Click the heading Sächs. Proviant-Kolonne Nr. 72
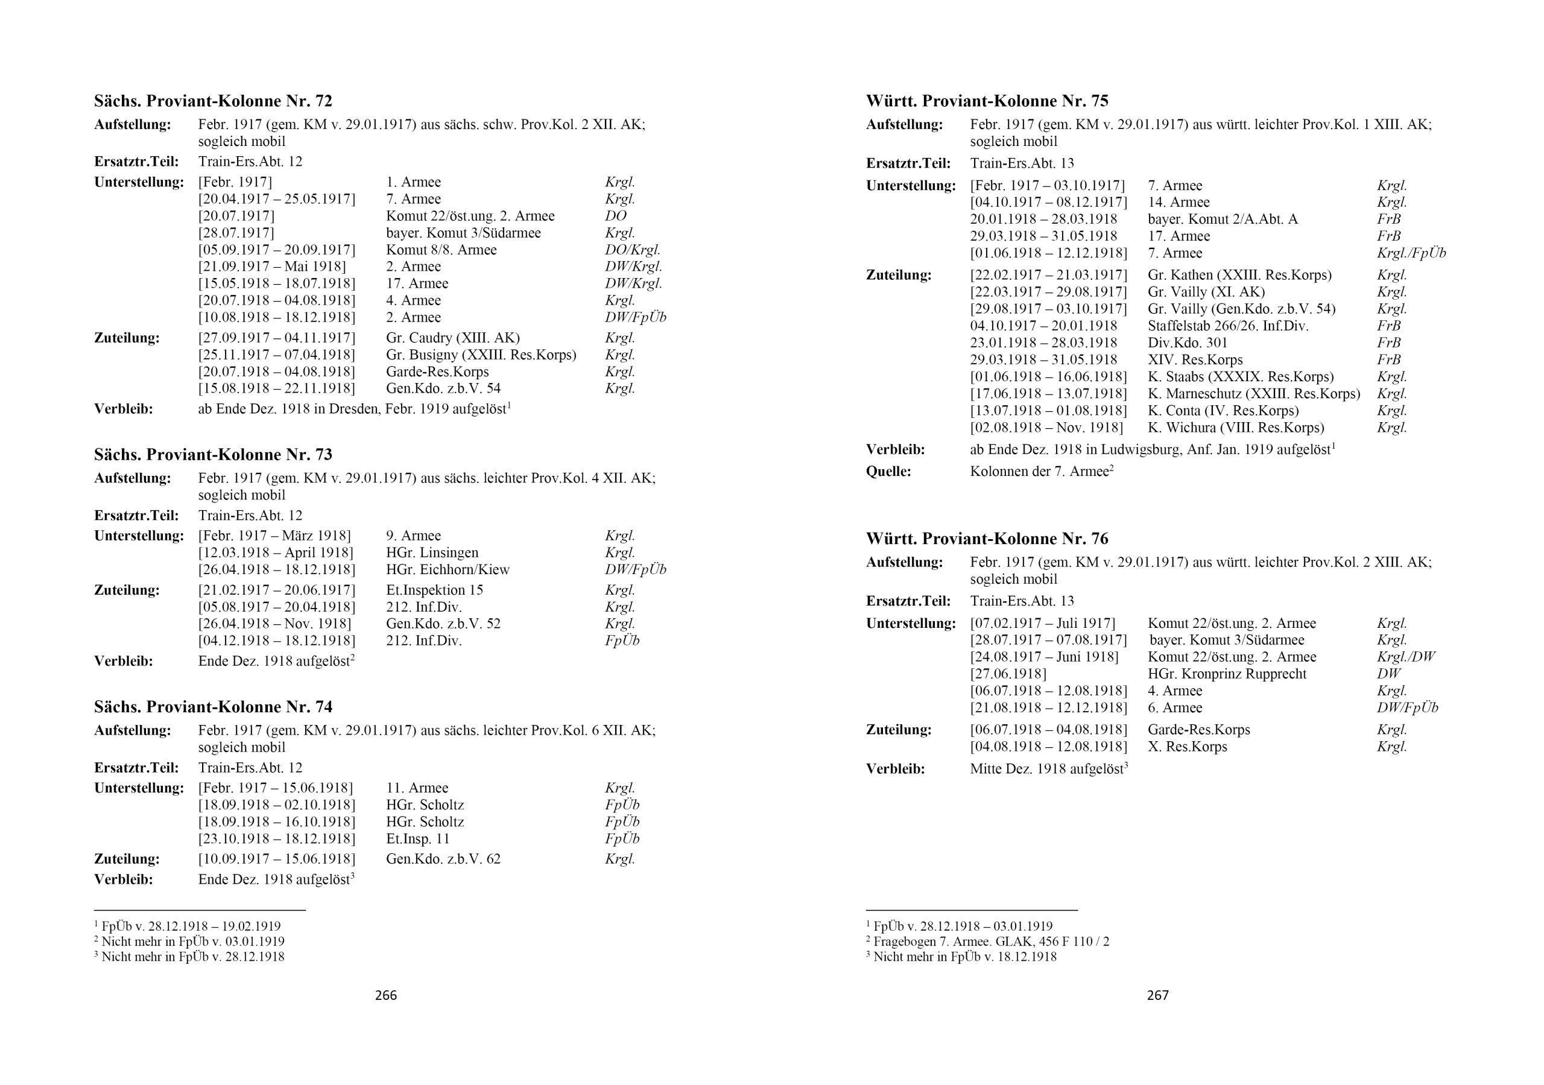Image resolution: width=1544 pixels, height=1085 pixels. tap(213, 101)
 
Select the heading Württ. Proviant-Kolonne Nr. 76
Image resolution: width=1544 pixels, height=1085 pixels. tap(987, 539)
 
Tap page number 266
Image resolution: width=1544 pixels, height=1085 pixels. tap(386, 995)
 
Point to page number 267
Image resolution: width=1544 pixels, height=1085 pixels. tap(1157, 995)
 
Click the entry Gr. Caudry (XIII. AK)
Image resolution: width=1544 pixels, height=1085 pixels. tap(452, 338)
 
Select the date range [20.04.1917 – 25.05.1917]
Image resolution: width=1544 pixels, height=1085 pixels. tap(276, 199)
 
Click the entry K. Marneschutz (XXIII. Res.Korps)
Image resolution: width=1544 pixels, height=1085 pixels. tap(1253, 393)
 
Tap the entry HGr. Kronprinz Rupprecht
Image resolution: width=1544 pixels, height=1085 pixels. tap(1227, 674)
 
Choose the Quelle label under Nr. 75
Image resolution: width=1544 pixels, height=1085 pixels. tap(888, 472)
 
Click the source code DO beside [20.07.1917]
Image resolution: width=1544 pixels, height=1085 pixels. tap(615, 216)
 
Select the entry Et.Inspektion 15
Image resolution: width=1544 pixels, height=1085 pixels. tap(434, 590)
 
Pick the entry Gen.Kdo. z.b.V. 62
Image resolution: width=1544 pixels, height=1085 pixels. tap(443, 859)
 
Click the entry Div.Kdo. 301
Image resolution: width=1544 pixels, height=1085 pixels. tap(1188, 343)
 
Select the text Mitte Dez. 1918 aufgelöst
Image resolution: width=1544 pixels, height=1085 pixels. tap(1047, 769)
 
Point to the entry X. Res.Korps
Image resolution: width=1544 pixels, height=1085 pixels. tap(1187, 747)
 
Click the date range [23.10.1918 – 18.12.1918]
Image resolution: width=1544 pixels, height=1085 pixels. tap(276, 839)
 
